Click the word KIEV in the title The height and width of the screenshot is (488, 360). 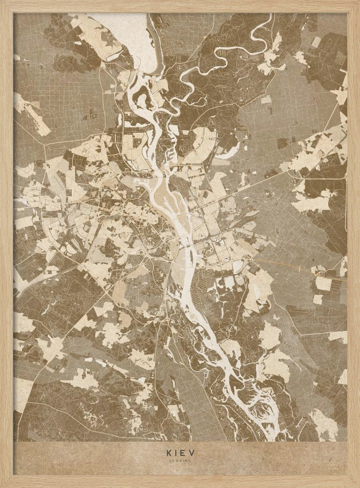(180, 452)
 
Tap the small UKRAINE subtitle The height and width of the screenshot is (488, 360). (180, 460)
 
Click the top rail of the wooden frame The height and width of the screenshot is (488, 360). (180, 6)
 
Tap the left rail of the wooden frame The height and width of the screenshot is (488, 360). (6, 244)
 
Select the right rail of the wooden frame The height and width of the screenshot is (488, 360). (354, 244)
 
